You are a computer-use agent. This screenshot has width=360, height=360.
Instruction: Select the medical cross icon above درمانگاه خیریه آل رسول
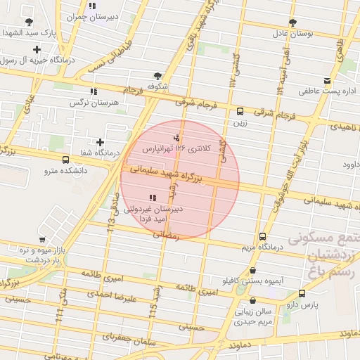tap(37, 49)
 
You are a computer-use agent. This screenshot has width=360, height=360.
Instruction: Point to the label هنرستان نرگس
tap(89, 103)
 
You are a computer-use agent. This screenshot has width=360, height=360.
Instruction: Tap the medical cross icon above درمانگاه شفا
tap(100, 142)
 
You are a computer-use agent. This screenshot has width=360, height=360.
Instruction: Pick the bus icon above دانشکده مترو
tap(65, 159)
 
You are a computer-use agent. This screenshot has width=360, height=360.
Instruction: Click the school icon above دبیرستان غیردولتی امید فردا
tap(153, 198)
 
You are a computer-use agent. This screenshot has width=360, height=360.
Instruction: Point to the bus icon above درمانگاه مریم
tap(262, 236)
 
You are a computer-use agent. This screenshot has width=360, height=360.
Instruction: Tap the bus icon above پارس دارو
tap(302, 293)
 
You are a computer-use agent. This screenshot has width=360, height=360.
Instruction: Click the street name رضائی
tap(167, 235)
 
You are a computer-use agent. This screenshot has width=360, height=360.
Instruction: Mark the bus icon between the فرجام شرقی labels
tap(240, 111)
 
